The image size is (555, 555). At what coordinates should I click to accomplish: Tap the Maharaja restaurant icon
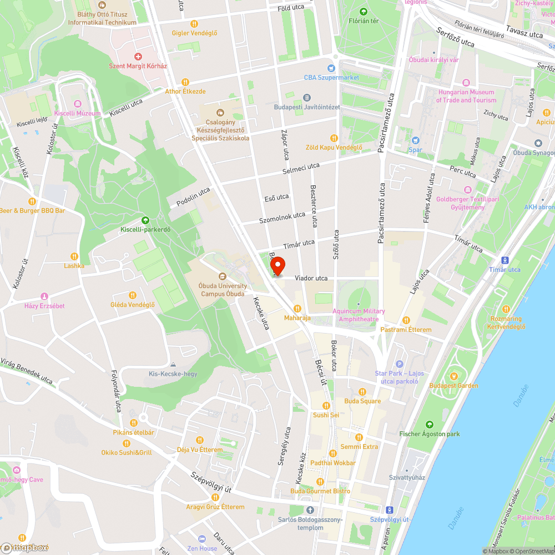[297, 309]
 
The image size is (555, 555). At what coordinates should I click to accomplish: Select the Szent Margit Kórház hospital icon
[138, 57]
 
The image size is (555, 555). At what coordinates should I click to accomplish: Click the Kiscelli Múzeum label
[77, 113]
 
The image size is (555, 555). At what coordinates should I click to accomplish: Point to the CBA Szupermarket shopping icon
[331, 68]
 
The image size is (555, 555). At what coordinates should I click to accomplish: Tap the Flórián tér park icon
[364, 12]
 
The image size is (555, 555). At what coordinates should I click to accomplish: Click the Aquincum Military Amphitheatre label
[359, 315]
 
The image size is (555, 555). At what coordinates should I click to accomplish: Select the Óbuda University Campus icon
[223, 276]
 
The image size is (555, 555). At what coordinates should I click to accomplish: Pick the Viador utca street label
[311, 278]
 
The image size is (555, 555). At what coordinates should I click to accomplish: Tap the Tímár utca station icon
[504, 260]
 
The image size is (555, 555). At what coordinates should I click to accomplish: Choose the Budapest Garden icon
[453, 376]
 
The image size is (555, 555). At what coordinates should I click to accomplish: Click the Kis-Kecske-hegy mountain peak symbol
[173, 365]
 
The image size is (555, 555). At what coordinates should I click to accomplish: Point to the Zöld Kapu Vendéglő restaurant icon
[334, 138]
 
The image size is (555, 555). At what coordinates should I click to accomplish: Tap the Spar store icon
[415, 140]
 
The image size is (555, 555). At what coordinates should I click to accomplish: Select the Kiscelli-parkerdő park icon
[145, 220]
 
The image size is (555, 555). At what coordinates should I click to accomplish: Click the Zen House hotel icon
[202, 539]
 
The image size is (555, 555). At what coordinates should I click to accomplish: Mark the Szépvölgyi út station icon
[389, 509]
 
